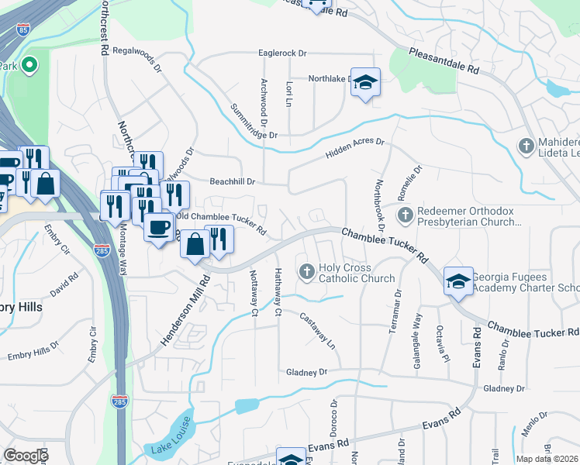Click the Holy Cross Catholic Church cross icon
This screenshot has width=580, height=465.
(306, 270)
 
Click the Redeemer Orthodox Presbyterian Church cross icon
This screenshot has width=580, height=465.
(404, 214)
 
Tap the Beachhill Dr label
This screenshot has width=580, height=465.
(233, 181)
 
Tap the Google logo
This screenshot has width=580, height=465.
(26, 456)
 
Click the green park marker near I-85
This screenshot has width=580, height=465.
(30, 65)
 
